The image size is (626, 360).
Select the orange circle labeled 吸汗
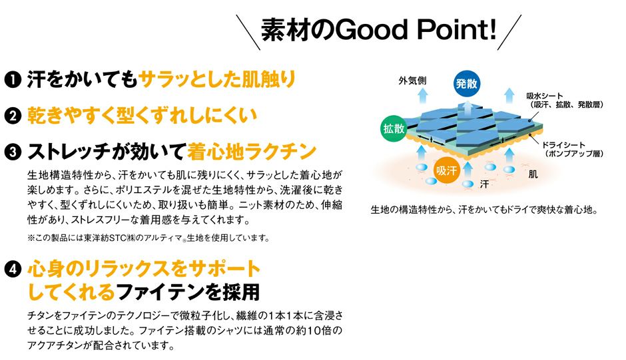(x=448, y=170)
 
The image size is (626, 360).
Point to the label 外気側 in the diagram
(x=413, y=81)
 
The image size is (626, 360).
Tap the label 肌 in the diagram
(x=533, y=175)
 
